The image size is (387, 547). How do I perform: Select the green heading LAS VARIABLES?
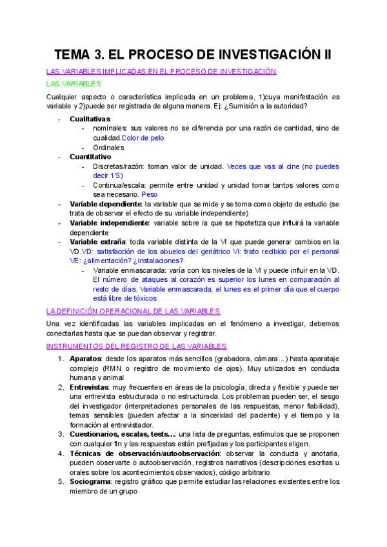[x=74, y=84]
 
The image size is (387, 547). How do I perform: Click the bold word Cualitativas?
[x=90, y=119]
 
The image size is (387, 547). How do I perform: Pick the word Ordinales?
[x=108, y=147]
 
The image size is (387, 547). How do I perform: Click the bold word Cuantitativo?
[x=90, y=156]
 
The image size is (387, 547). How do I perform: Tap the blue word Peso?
[x=149, y=194]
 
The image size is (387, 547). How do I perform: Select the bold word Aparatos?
[x=85, y=358]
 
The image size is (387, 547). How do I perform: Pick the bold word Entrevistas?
[x=90, y=386]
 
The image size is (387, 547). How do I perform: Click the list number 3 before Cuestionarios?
[x=61, y=434]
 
